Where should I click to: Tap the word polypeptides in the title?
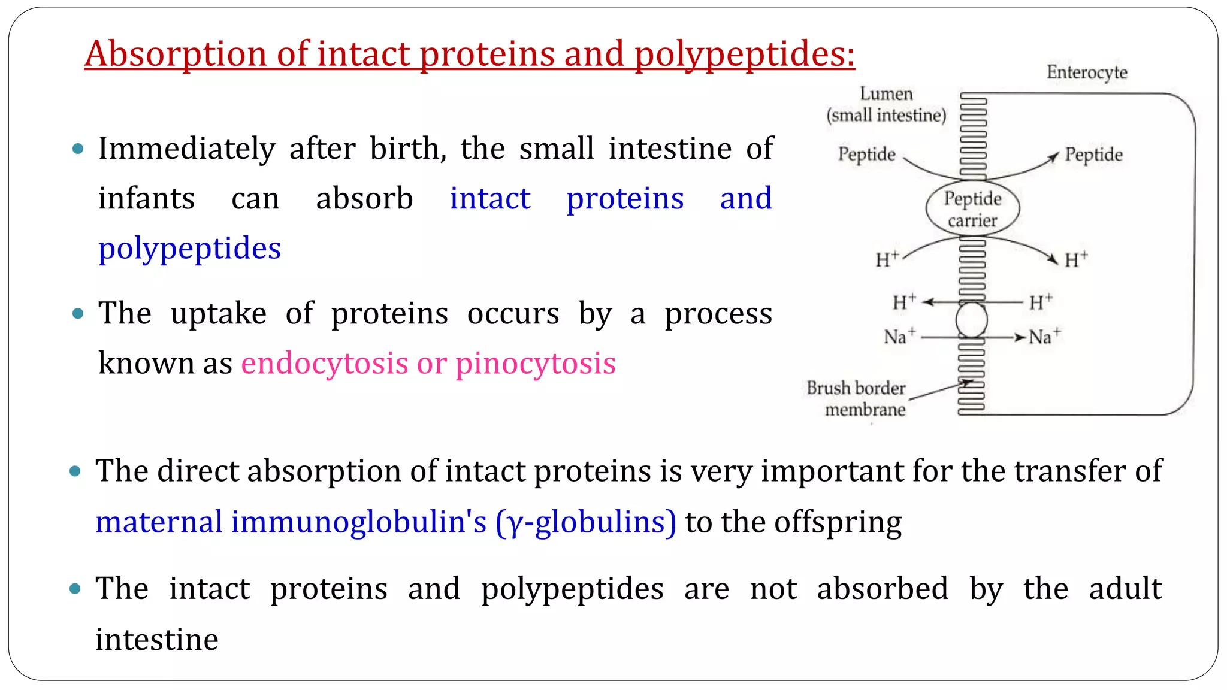pos(744,54)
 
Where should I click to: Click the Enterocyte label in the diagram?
pos(1086,72)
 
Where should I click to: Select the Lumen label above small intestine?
pos(886,94)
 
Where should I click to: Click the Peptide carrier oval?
pos(972,209)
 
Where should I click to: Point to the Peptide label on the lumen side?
pos(866,155)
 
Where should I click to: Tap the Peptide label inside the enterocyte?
pos(1093,155)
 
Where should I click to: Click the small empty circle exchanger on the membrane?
pos(971,320)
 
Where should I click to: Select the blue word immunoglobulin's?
pos(359,522)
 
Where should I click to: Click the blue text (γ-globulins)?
pos(586,522)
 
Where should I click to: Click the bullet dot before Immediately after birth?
pos(78,149)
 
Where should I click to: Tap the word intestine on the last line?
pos(157,639)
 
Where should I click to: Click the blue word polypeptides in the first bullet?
pos(189,249)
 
